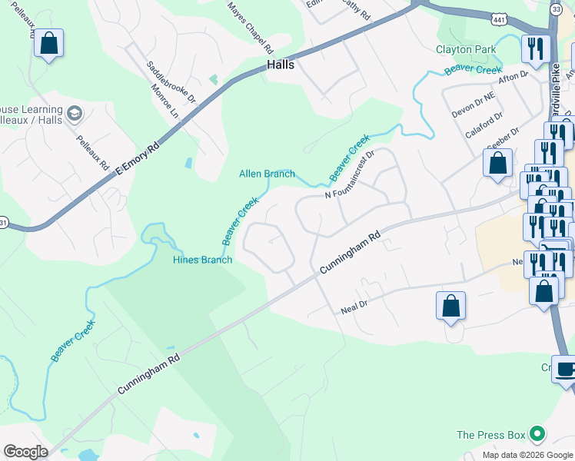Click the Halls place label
[281, 65]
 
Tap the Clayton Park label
[466, 49]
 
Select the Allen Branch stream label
[267, 174]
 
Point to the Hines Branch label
[202, 260]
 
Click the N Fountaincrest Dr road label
[349, 174]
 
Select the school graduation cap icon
[74, 115]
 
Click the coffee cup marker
[565, 368]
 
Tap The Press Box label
[491, 435]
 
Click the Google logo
[25, 452]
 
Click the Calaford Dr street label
[484, 124]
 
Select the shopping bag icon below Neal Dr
[450, 305]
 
